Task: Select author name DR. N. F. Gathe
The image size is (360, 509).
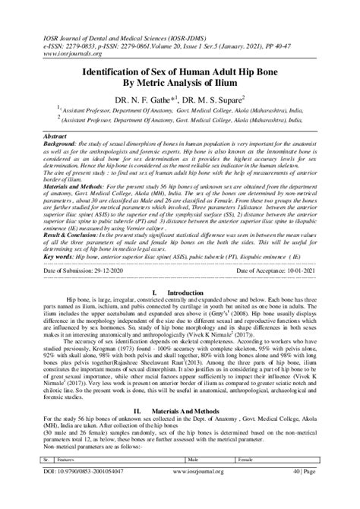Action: tap(150, 99)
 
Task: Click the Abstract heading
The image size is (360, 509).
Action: tap(57, 134)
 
